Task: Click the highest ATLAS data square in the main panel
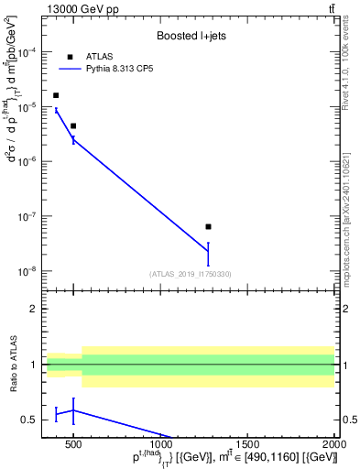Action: [x=56, y=95]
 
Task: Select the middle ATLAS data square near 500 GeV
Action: [x=73, y=125]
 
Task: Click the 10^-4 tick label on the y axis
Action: [x=27, y=52]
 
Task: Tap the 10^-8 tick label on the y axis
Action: [x=27, y=271]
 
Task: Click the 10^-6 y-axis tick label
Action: [x=27, y=162]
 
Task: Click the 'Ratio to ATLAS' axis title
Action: [x=12, y=364]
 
